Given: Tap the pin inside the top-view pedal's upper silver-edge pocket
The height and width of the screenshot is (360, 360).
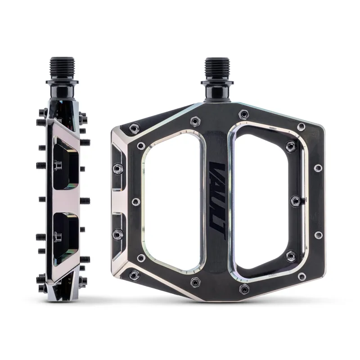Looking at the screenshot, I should [x=117, y=168].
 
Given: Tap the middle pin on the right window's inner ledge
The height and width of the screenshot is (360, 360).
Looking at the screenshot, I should [x=295, y=199].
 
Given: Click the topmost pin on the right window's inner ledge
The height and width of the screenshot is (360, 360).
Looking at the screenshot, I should [x=292, y=145].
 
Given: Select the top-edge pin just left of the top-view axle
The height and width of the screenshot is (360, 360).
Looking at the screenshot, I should [x=195, y=121].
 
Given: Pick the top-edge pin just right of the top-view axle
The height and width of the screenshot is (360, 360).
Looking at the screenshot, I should [x=243, y=114].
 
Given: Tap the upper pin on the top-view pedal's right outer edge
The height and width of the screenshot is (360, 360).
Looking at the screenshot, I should [x=318, y=167].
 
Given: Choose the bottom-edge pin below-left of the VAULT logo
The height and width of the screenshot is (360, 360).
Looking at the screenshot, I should [x=195, y=282].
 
